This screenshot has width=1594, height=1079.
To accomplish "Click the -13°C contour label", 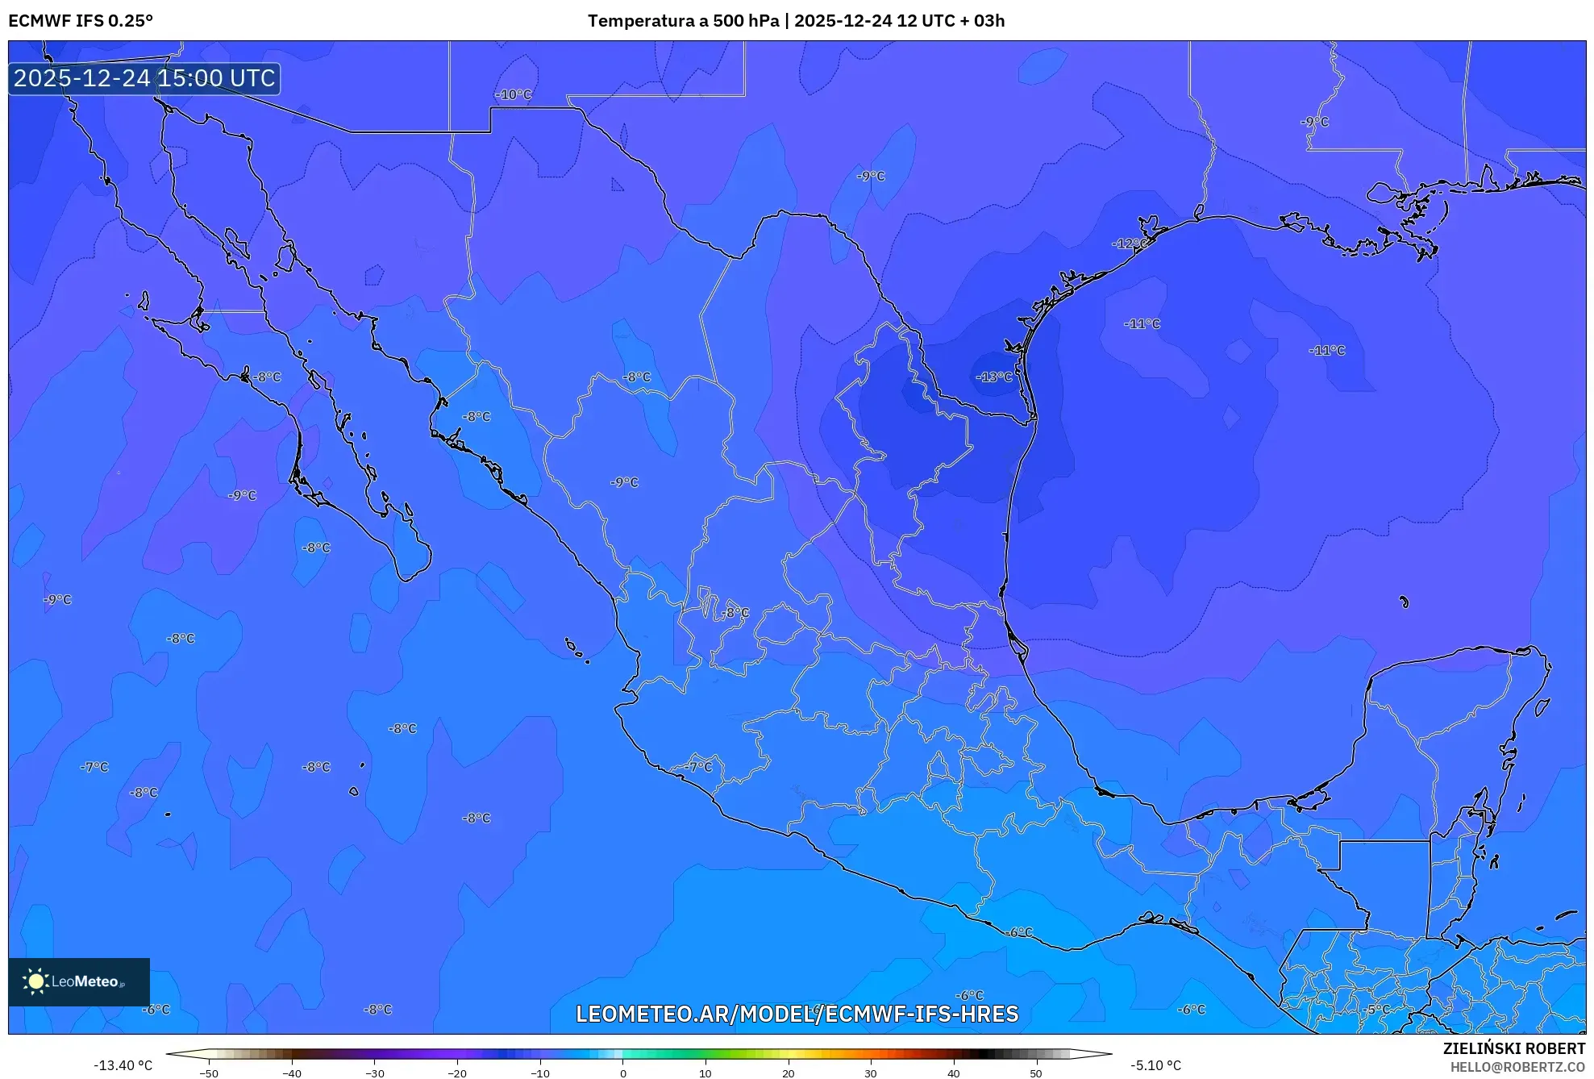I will tap(993, 377).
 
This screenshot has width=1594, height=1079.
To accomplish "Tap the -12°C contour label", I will tap(1130, 244).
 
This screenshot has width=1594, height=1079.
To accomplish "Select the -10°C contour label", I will tap(514, 94).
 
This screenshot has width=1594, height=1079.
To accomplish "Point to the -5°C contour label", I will tap(1377, 1009).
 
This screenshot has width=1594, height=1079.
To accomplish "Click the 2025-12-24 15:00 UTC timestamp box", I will tap(144, 78).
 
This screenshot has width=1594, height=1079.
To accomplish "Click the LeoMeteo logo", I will tap(78, 981).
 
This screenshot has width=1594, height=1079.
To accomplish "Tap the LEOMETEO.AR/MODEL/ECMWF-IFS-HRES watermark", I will tap(797, 1014).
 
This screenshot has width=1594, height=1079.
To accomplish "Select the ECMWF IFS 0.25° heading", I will tap(81, 21).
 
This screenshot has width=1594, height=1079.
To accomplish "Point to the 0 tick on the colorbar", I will tap(622, 1073).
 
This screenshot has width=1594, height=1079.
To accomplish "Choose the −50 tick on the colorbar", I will tap(209, 1073).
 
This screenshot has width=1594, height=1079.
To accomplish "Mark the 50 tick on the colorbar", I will tap(1036, 1073).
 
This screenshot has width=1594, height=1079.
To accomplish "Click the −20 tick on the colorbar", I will tap(457, 1073).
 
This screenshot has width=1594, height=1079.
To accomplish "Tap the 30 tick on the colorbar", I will tap(871, 1073).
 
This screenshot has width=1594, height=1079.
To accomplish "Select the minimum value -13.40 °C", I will tap(123, 1065).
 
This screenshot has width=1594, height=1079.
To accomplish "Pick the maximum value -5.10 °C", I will tap(1155, 1065).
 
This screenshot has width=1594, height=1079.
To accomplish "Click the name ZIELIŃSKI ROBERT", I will tap(1513, 1048).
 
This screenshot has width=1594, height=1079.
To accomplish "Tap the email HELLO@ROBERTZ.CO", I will tap(1517, 1067).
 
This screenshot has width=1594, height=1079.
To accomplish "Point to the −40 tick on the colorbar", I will tap(292, 1073).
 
